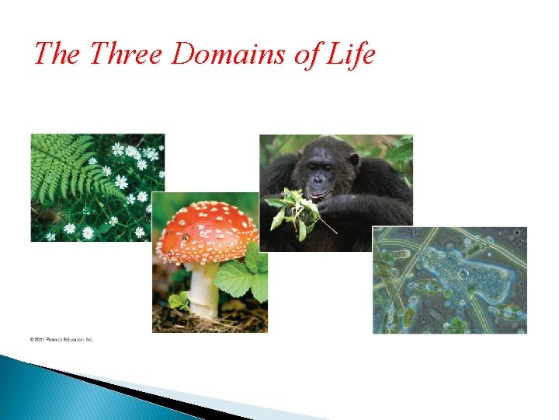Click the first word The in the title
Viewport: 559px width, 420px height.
[x=57, y=54]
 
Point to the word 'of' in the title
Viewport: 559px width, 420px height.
[x=301, y=54]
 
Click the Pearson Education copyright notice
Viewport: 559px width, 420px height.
[x=61, y=339]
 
